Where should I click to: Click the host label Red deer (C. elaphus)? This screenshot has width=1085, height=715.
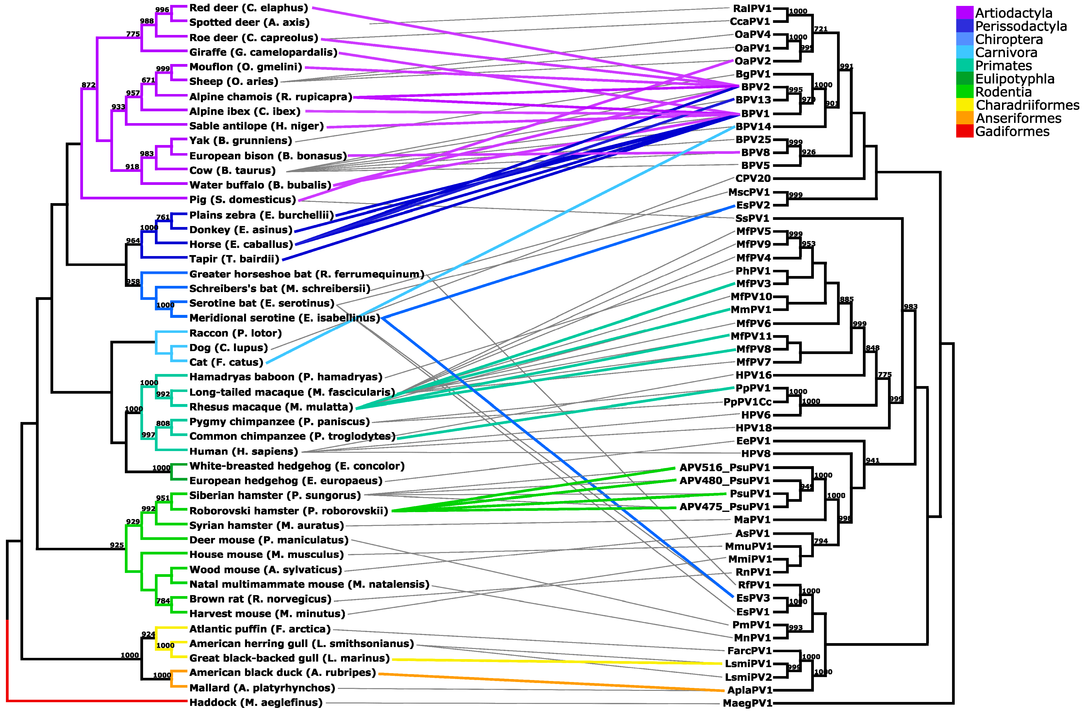point(248,8)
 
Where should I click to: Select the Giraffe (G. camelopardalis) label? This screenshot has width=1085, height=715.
point(263,52)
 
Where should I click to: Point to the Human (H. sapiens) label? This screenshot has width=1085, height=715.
point(244,452)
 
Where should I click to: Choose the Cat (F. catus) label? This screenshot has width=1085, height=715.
point(226,362)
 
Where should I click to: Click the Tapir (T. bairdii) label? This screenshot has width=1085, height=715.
point(234,259)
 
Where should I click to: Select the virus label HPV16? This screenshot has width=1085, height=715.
point(754,375)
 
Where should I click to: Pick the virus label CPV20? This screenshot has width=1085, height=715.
point(753,178)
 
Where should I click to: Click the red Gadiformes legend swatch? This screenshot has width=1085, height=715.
point(965,131)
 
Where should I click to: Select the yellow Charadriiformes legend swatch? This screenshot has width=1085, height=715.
point(965,105)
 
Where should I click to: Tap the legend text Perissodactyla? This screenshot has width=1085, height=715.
point(1021,26)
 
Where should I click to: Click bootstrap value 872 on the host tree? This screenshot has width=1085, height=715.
point(88,85)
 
